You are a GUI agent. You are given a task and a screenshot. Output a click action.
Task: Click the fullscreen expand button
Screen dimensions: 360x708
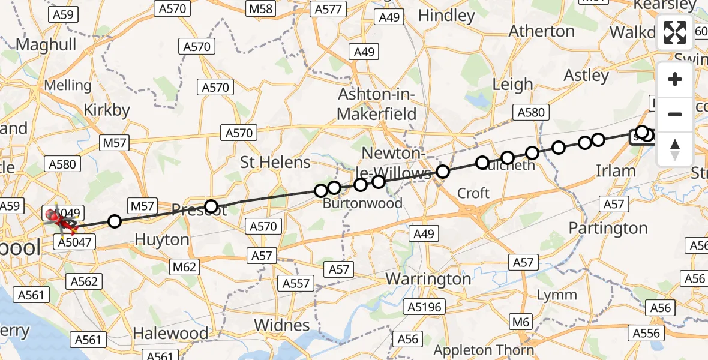click(x=675, y=32)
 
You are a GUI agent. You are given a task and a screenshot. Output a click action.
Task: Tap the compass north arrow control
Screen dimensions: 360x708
click(x=675, y=149)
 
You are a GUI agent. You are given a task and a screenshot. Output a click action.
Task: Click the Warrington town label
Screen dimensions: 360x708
click(x=428, y=279)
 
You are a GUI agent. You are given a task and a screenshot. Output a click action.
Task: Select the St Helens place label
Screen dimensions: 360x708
click(x=275, y=162)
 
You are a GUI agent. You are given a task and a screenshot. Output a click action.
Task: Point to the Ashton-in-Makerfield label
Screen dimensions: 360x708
click(x=377, y=104)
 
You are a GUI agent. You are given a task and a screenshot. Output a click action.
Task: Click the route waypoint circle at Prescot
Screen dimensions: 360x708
click(x=211, y=206)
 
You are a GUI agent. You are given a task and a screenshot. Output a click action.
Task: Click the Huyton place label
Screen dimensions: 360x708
click(x=161, y=240)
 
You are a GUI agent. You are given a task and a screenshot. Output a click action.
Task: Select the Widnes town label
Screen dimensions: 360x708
click(x=281, y=325)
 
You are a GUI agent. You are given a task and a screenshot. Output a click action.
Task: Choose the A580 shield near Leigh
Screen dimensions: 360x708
click(x=530, y=112)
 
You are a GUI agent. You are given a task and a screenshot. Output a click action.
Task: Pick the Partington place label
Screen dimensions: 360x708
click(x=608, y=228)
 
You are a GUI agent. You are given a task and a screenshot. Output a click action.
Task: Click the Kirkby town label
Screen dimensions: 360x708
click(x=107, y=110)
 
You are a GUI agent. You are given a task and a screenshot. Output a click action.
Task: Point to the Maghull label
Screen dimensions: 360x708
click(x=46, y=44)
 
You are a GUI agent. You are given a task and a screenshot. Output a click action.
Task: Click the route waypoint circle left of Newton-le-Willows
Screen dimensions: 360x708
click(x=378, y=181)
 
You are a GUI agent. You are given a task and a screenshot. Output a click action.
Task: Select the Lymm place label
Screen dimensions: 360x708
click(x=557, y=295)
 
